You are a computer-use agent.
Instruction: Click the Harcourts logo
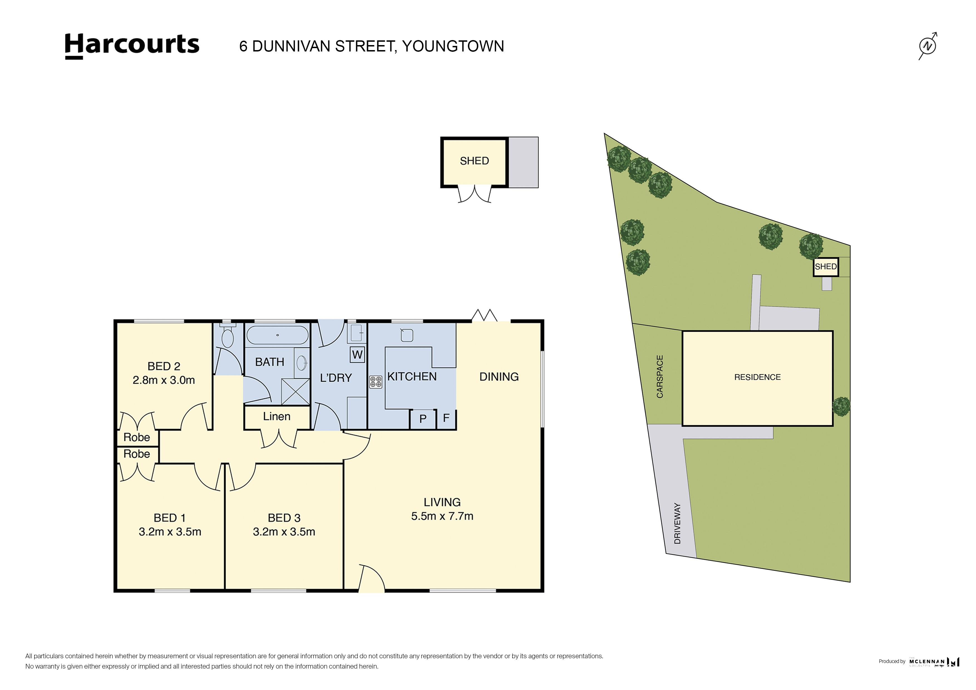pyautogui.click(x=132, y=46)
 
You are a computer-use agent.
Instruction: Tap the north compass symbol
pyautogui.click(x=928, y=46)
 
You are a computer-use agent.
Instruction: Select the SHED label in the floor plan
pyautogui.click(x=474, y=161)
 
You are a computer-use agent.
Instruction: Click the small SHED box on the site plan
pyautogui.click(x=825, y=267)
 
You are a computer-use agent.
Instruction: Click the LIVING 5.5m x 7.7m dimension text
pyautogui.click(x=442, y=516)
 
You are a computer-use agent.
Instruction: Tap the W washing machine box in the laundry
pyautogui.click(x=357, y=354)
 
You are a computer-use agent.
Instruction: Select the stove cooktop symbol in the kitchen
pyautogui.click(x=376, y=382)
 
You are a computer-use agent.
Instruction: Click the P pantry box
pyautogui.click(x=423, y=419)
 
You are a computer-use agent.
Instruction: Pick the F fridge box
pyautogui.click(x=446, y=418)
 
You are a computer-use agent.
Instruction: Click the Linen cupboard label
pyautogui.click(x=277, y=417)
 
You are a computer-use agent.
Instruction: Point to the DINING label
pyautogui.click(x=499, y=377)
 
